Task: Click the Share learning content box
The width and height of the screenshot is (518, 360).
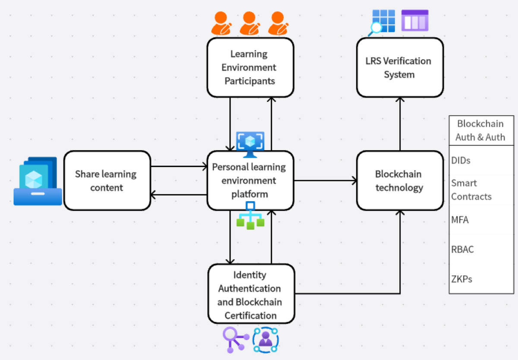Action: (x=107, y=180)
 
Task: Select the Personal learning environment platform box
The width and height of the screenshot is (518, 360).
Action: (x=250, y=180)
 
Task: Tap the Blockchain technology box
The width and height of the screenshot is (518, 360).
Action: (x=399, y=180)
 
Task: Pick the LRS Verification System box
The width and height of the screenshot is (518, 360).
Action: (x=399, y=67)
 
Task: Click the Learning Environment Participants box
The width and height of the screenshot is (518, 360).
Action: (x=250, y=67)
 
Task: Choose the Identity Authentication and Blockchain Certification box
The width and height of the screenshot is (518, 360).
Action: (x=251, y=294)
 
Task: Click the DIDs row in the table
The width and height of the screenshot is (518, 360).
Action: (x=481, y=160)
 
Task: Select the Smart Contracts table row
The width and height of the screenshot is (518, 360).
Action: (x=481, y=190)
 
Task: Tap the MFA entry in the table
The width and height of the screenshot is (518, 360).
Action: (x=481, y=220)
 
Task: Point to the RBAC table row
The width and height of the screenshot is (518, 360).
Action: (x=481, y=249)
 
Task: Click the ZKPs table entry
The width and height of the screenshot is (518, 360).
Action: (x=481, y=279)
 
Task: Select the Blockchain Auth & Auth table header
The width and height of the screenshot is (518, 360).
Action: (x=481, y=130)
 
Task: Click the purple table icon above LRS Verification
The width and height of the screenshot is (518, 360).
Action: (x=415, y=20)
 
